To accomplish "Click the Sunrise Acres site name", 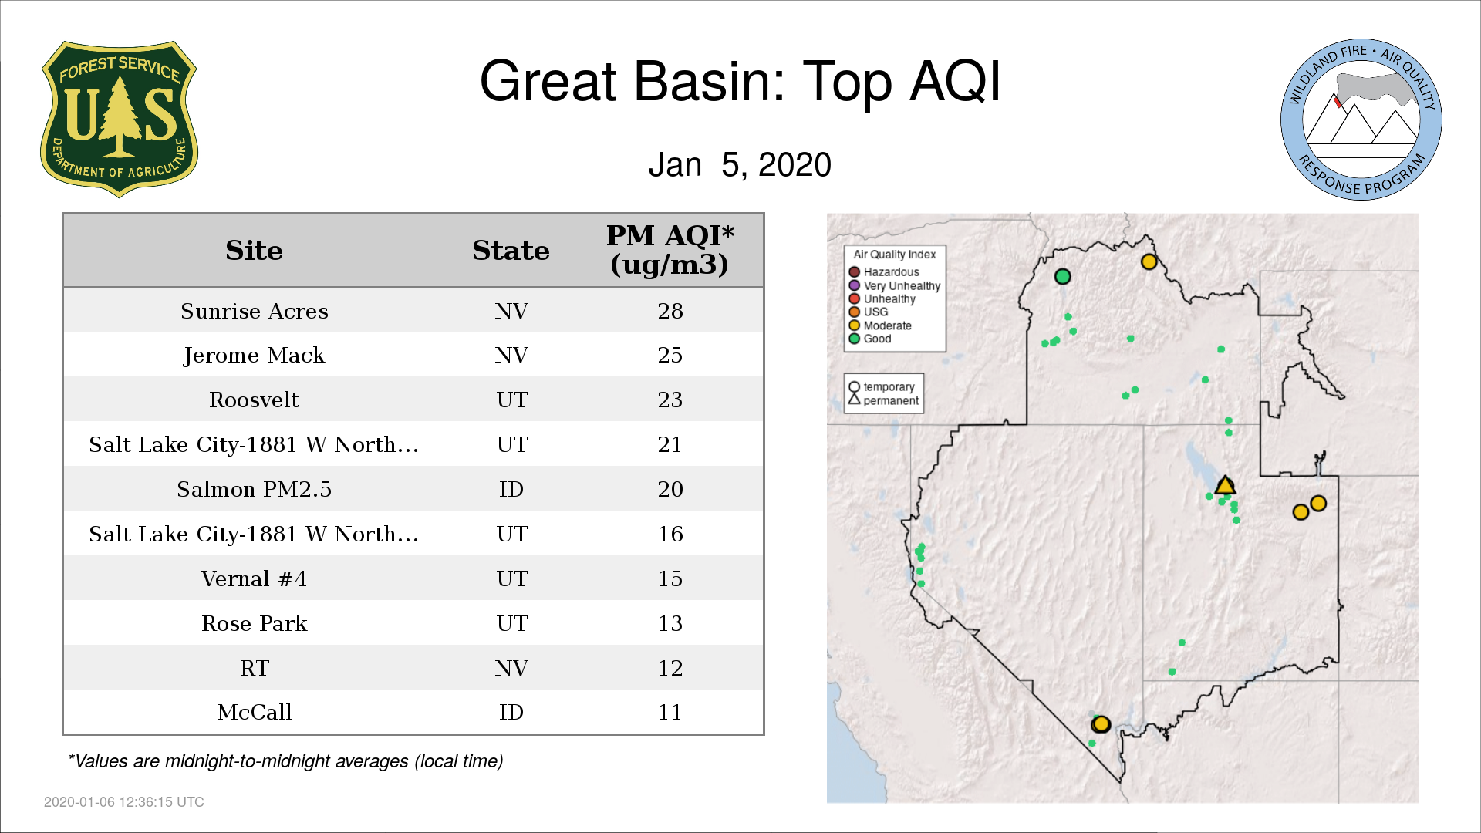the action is (x=255, y=311).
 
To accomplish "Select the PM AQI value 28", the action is (x=670, y=311).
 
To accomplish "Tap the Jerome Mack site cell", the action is (x=255, y=356).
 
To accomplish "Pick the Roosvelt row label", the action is (x=255, y=400).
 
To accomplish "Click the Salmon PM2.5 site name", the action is (x=255, y=489).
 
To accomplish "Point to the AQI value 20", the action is (x=670, y=489).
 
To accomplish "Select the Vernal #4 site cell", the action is (x=255, y=578).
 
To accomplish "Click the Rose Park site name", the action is (x=255, y=623).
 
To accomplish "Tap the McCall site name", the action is (x=255, y=712).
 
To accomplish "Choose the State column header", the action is (x=511, y=251).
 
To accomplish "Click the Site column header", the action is (x=255, y=251).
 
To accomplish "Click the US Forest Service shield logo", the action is (x=119, y=120).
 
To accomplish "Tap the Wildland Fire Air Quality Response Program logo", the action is (x=1361, y=120).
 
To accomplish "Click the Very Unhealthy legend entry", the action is (x=895, y=285).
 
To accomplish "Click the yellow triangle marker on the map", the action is (x=1225, y=486).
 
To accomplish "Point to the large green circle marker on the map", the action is (x=1063, y=276).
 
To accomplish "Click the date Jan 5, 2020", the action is (x=740, y=165).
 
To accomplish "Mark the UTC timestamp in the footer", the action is (x=124, y=802).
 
